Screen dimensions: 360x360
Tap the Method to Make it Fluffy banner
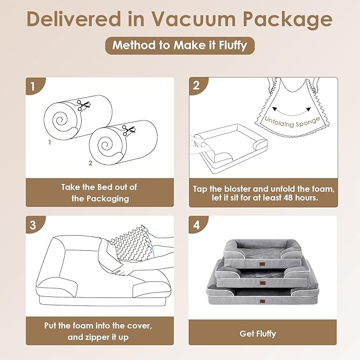[180, 45]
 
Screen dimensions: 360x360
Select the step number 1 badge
[33, 85]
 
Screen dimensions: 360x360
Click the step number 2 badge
[197, 85]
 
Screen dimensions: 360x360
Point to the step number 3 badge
[33, 224]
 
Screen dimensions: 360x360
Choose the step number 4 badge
[197, 224]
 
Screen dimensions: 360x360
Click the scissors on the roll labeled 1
[82, 106]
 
